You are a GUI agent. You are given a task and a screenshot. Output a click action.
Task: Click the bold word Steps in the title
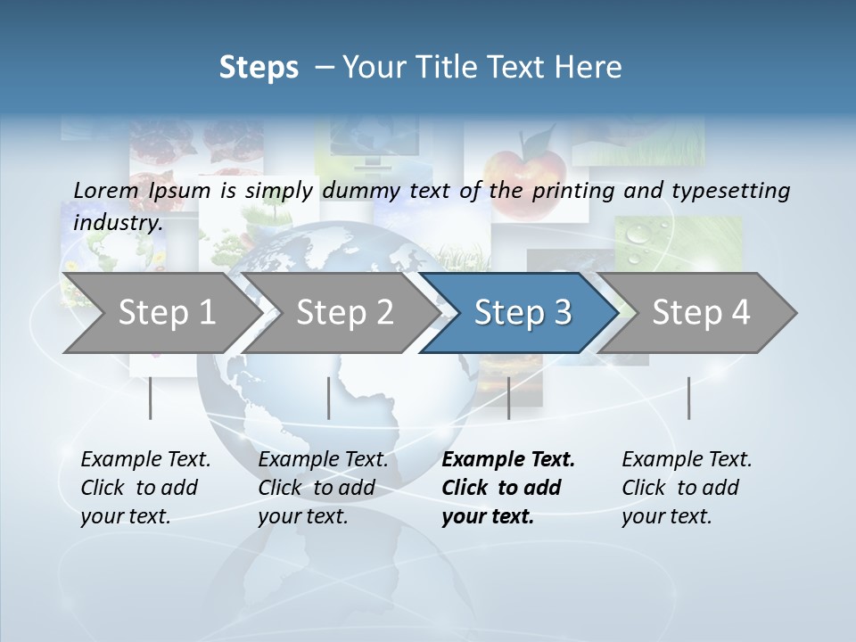pos(259,68)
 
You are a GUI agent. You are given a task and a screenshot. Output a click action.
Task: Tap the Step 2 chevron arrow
pos(343,313)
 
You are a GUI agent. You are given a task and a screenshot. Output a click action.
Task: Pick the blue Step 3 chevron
pos(522,313)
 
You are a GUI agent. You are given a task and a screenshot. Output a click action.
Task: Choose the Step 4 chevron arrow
pos(700,313)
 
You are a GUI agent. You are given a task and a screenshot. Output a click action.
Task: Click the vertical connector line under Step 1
pos(150,398)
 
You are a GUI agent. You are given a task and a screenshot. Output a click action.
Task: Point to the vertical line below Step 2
pos(328,398)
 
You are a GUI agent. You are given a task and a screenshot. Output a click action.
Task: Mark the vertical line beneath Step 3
pos(508,398)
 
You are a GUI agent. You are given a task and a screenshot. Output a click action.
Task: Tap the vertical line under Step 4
pos(688,398)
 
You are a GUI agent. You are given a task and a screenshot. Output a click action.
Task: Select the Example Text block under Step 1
pos(145,488)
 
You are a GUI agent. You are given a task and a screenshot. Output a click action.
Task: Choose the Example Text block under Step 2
pos(323,488)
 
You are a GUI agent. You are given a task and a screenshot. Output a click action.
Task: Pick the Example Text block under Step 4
pos(687,488)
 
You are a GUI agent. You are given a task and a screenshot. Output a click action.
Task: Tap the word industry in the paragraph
pos(118,223)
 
